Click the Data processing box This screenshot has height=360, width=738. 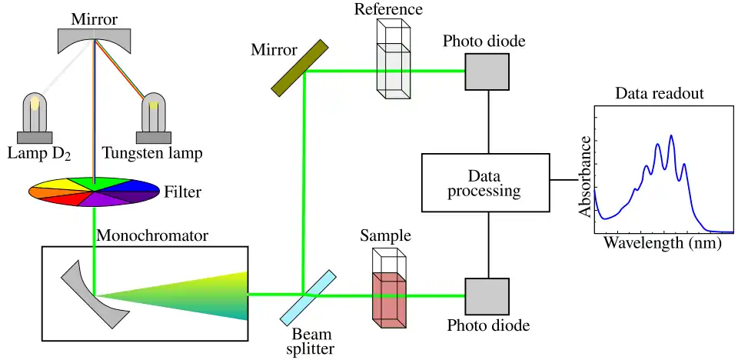[485, 182]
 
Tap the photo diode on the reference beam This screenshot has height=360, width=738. [487, 71]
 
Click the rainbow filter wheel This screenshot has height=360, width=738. [95, 191]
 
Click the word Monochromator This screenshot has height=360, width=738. [152, 235]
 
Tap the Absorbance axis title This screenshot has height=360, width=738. [586, 176]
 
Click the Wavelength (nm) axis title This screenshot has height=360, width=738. [662, 243]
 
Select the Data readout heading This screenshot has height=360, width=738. [660, 94]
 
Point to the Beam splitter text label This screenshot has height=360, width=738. [312, 342]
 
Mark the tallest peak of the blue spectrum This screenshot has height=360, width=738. [671, 136]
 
